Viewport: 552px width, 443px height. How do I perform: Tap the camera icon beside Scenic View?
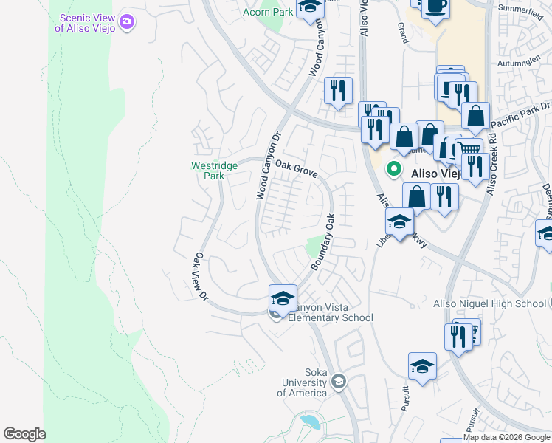point(128,22)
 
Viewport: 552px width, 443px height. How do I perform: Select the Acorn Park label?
point(266,12)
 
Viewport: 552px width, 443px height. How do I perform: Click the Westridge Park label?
point(214,171)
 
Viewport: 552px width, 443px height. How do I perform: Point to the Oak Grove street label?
point(297,171)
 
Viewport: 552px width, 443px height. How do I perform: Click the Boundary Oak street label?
point(323,242)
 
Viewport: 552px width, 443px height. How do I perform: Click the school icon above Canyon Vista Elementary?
point(283,298)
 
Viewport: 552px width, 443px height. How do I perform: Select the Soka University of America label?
point(302,382)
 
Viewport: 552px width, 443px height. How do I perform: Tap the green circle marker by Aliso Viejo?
point(394,169)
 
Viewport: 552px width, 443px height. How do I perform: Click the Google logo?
point(24,434)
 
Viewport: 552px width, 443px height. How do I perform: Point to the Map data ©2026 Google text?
point(506,437)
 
